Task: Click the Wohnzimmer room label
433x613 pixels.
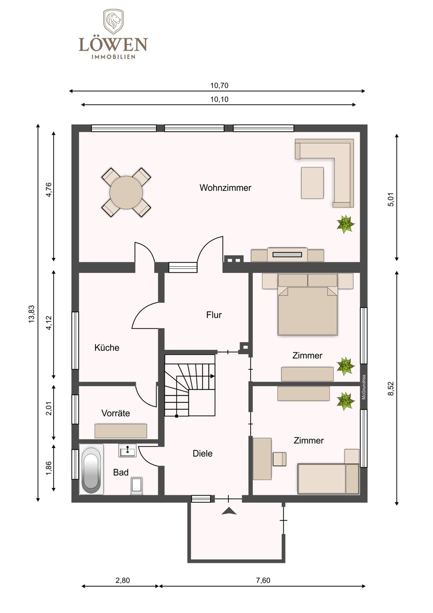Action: point(225,188)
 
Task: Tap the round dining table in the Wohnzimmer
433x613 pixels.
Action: point(126,193)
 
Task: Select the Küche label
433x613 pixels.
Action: point(107,347)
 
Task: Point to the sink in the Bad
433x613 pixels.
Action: point(127,451)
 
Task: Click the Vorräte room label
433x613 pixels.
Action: point(115,413)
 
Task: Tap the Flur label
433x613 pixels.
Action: point(214,315)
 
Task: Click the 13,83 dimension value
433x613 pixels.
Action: point(32,314)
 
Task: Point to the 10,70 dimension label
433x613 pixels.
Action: point(219,85)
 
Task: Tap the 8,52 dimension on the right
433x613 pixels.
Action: point(391,389)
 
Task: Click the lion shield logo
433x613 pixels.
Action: point(113,22)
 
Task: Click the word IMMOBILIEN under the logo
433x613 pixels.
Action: point(113,57)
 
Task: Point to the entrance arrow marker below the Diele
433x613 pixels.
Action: point(229,511)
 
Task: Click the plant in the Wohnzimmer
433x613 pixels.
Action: point(346,224)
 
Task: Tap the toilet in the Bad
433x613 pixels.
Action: point(136,486)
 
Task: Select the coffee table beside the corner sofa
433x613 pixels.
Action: point(312,183)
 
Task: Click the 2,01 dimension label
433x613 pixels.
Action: point(49,412)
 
